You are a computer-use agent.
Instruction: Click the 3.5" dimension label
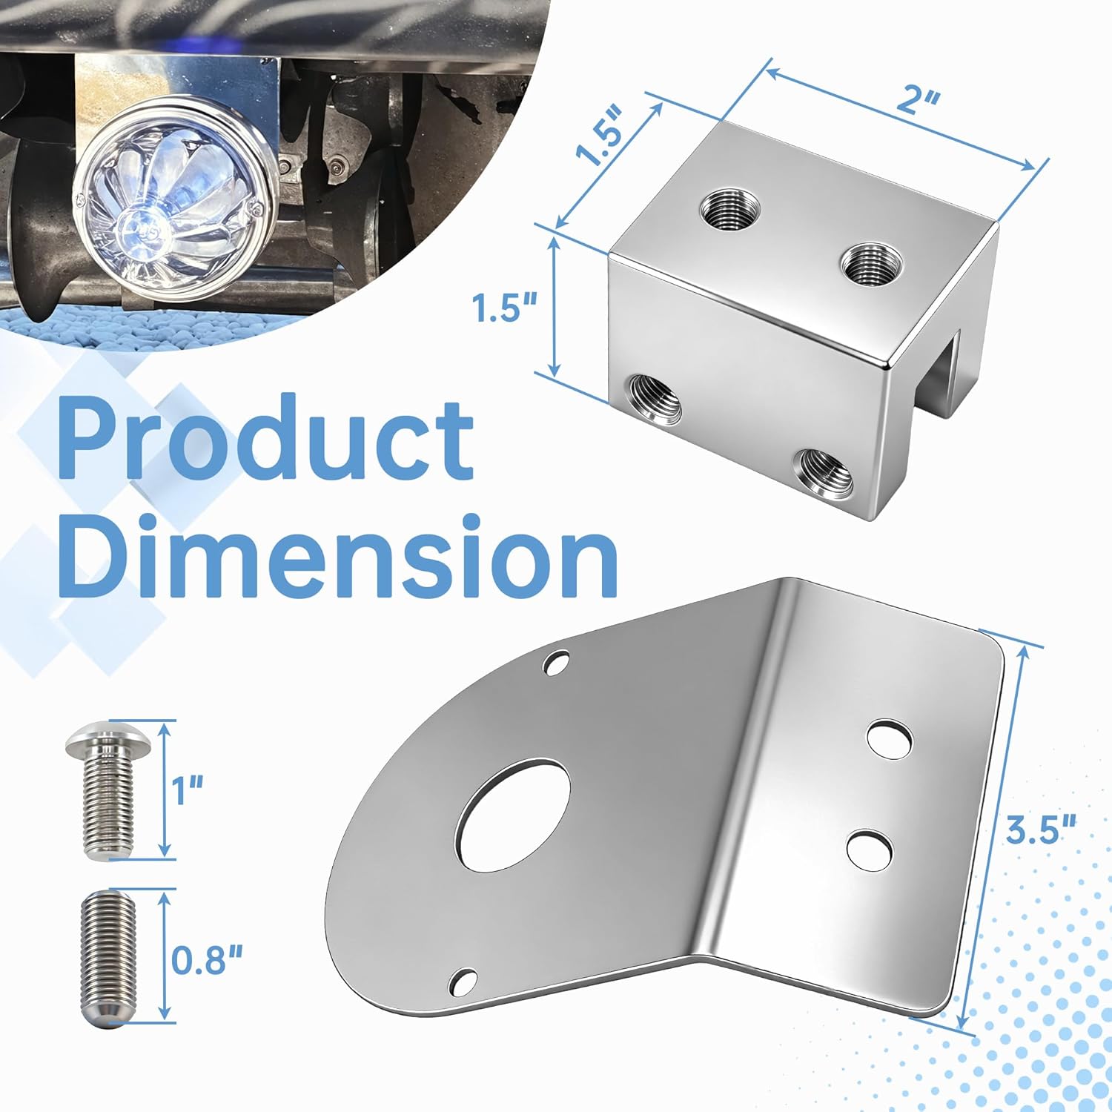pyautogui.click(x=1040, y=828)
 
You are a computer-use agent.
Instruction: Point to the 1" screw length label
pyautogui.click(x=188, y=790)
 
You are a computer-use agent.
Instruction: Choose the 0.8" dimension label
pyautogui.click(x=207, y=961)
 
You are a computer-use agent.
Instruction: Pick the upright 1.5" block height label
pyautogui.click(x=504, y=305)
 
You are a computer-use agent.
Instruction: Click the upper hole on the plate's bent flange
pyautogui.click(x=890, y=738)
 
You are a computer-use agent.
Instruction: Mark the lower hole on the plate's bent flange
pyautogui.click(x=869, y=850)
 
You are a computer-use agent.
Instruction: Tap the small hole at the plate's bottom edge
pyautogui.click(x=463, y=981)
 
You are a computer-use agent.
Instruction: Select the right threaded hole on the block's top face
pyautogui.click(x=872, y=264)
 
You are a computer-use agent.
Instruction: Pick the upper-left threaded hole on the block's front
pyautogui.click(x=655, y=399)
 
